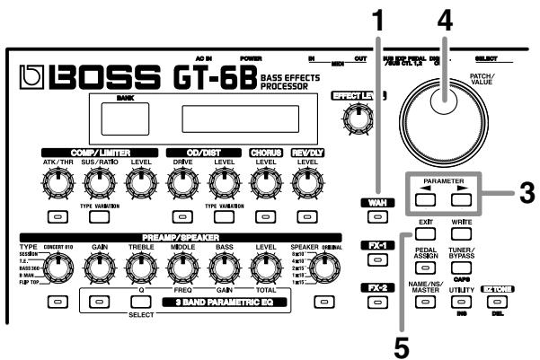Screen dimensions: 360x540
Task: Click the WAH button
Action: tap(377, 218)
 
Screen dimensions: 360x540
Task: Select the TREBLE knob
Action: tap(138, 267)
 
